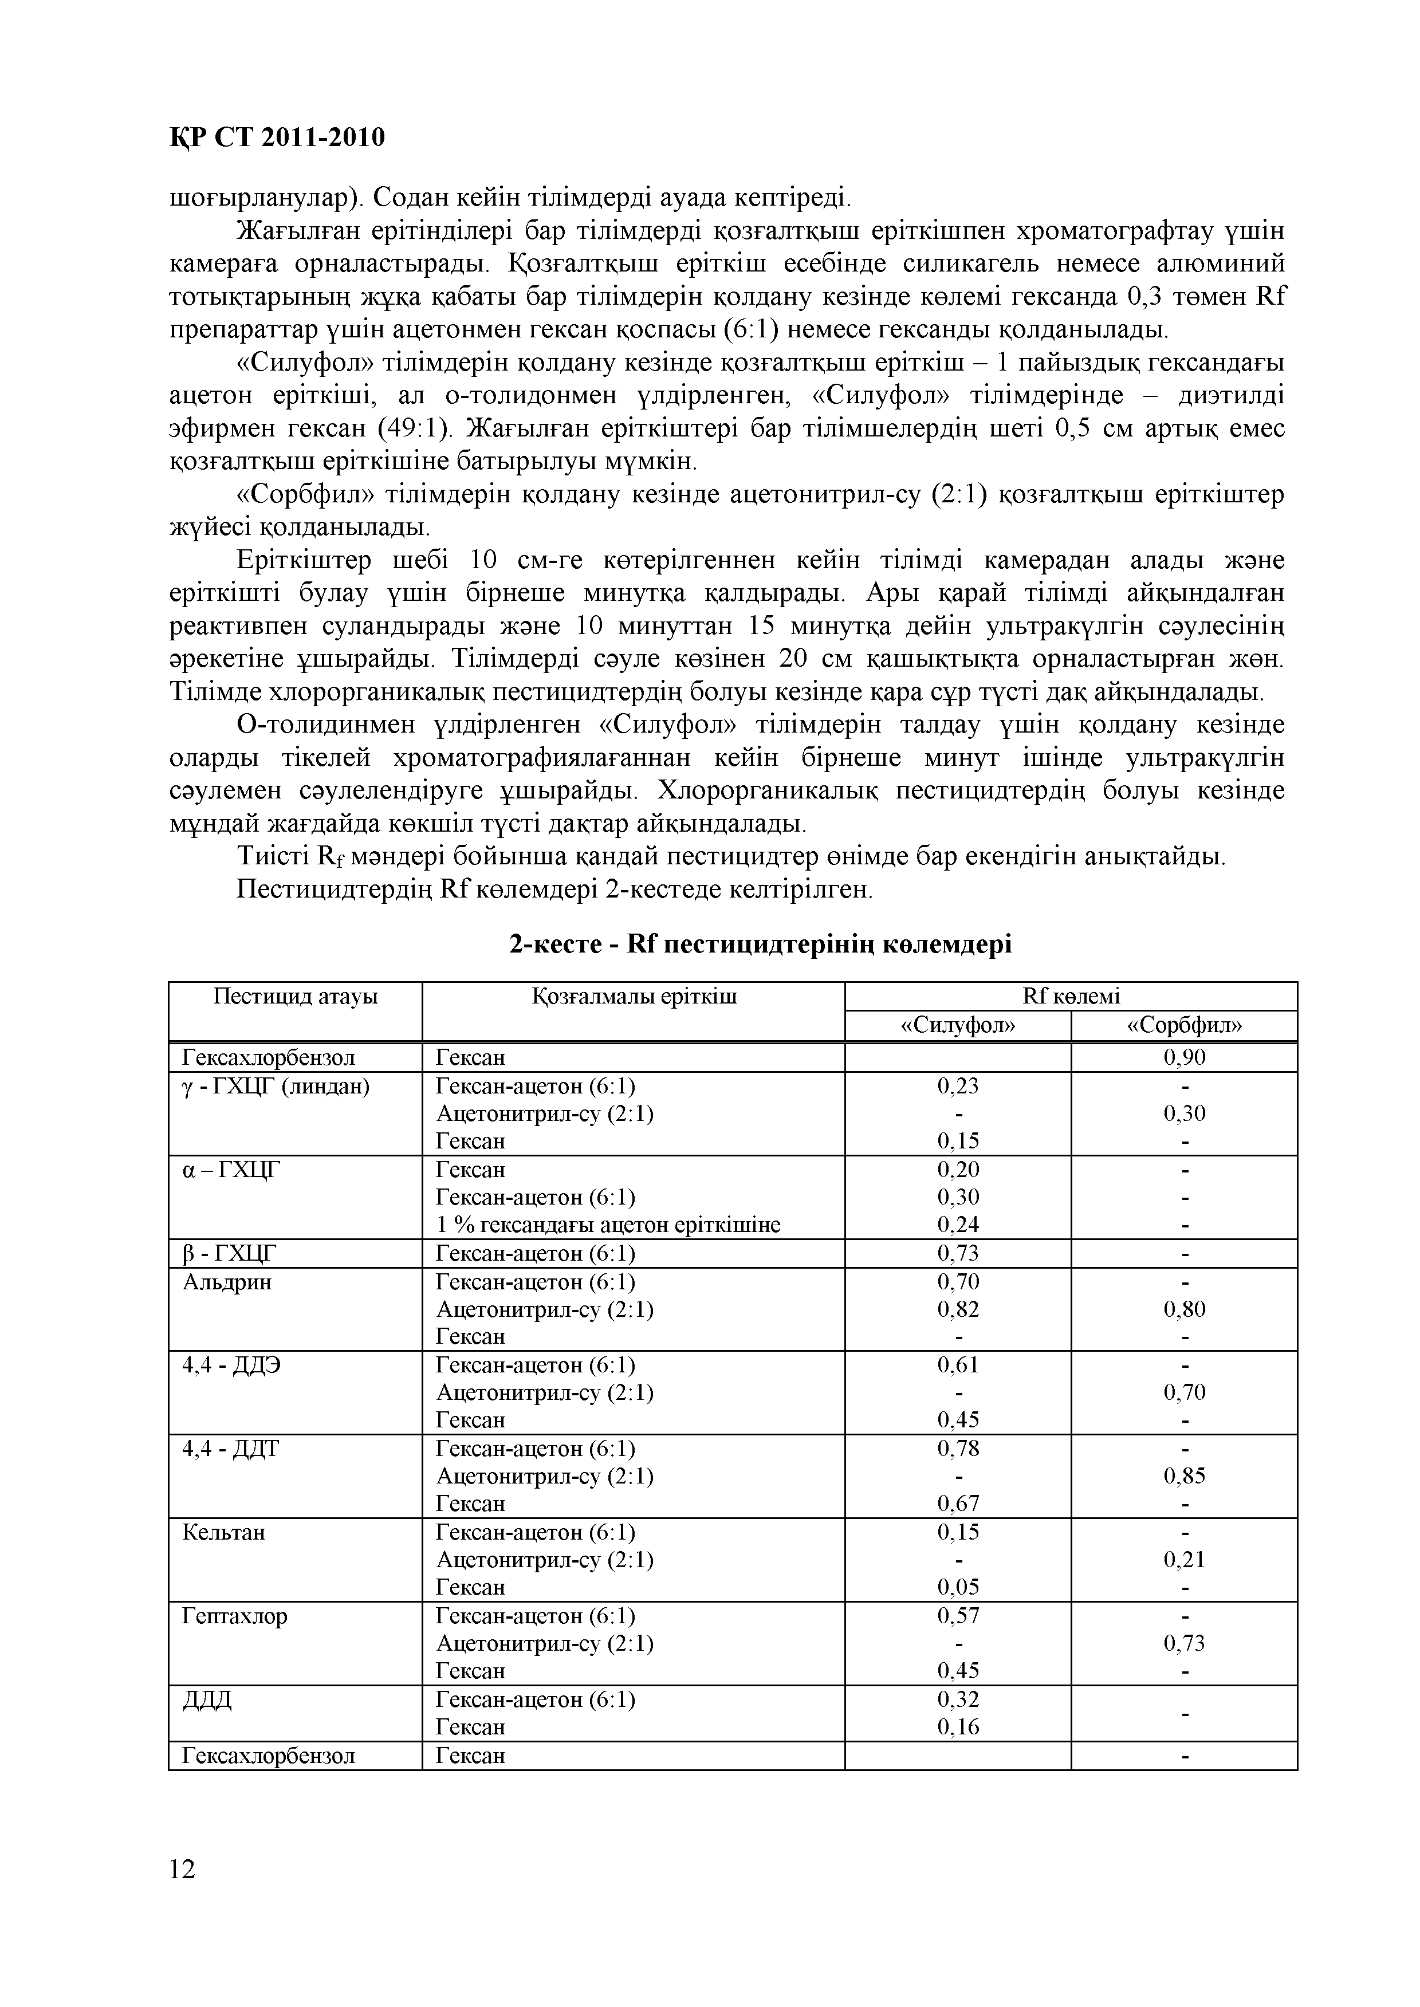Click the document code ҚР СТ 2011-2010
[276, 137]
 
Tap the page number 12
[182, 1869]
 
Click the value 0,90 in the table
[1184, 1058]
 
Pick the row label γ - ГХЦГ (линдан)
[276, 1087]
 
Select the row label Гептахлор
[234, 1616]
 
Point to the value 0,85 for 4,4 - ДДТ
[1184, 1477]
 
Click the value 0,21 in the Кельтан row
[1184, 1560]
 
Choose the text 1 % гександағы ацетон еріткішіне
[608, 1226]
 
